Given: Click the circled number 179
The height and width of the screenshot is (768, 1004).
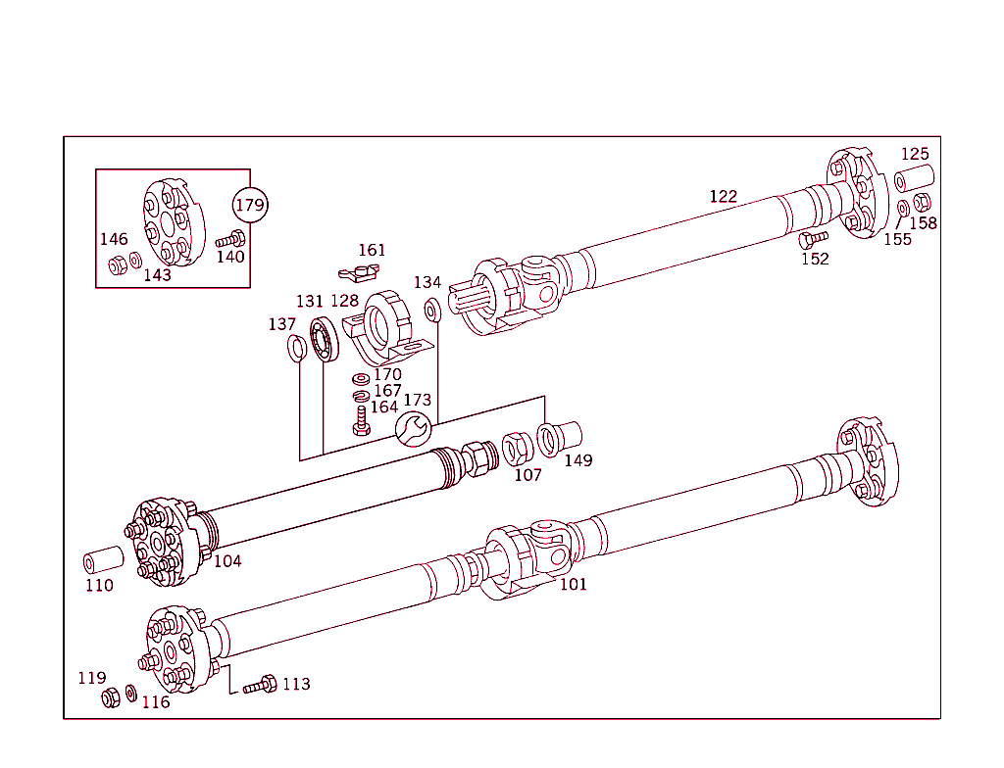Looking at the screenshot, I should pyautogui.click(x=249, y=205).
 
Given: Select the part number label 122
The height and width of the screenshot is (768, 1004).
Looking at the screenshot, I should pyautogui.click(x=723, y=196).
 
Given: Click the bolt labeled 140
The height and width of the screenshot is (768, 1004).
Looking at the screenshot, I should pyautogui.click(x=231, y=238).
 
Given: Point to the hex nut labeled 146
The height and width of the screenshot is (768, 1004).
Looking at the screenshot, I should pyautogui.click(x=116, y=264).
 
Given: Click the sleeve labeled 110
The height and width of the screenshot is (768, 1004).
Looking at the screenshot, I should pyautogui.click(x=103, y=562).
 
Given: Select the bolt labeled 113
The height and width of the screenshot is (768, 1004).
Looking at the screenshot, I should pyautogui.click(x=260, y=685).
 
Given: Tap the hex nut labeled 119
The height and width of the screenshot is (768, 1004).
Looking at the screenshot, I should pyautogui.click(x=111, y=697).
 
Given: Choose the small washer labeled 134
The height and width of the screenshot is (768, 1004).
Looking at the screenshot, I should pyautogui.click(x=431, y=311).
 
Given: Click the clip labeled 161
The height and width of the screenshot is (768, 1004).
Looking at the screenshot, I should pyautogui.click(x=360, y=269).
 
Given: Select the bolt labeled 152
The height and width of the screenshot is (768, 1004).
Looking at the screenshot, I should pyautogui.click(x=813, y=238).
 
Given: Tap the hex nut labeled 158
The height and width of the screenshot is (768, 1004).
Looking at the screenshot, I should pyautogui.click(x=922, y=203).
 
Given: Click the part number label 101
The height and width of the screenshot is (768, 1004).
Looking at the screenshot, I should pyautogui.click(x=574, y=584).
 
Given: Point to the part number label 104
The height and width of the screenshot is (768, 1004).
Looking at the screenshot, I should pyautogui.click(x=227, y=560).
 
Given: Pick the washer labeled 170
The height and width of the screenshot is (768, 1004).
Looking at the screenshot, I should pyautogui.click(x=360, y=379).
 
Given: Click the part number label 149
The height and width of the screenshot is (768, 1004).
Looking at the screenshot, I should pyautogui.click(x=578, y=459).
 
